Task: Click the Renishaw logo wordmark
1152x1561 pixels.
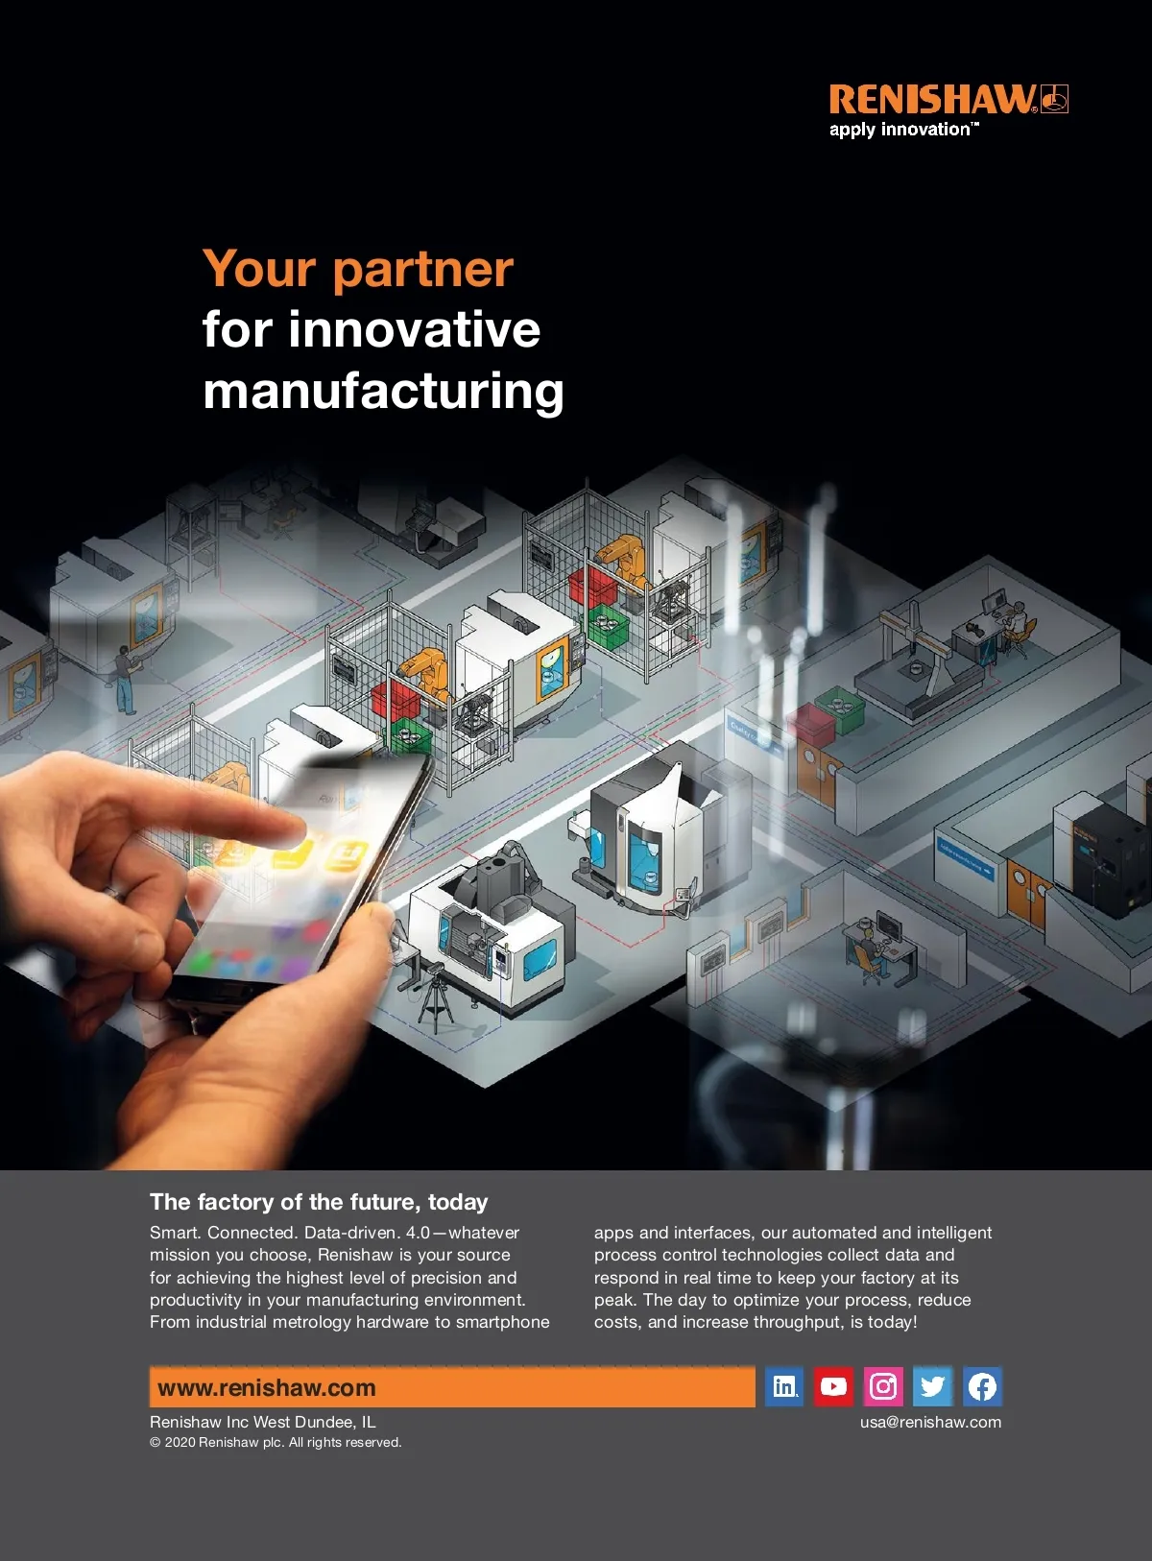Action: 932,99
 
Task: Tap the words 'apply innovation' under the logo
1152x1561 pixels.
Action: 900,130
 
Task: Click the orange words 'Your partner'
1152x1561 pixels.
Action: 358,269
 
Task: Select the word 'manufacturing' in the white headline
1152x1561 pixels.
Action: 383,392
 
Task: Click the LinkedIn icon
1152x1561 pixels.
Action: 784,1386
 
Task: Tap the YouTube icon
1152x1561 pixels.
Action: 833,1386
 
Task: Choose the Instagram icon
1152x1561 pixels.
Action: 883,1386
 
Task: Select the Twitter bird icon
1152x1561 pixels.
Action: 932,1386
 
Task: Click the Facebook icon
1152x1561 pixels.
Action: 982,1386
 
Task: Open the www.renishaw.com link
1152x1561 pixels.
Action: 267,1388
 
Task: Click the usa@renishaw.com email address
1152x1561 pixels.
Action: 930,1422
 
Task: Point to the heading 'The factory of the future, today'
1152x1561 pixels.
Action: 319,1202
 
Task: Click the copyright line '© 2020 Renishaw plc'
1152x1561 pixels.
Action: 276,1442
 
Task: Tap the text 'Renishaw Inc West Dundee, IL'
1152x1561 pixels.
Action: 262,1422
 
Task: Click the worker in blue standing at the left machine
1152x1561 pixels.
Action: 125,680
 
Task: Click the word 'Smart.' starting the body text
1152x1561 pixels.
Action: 176,1233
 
